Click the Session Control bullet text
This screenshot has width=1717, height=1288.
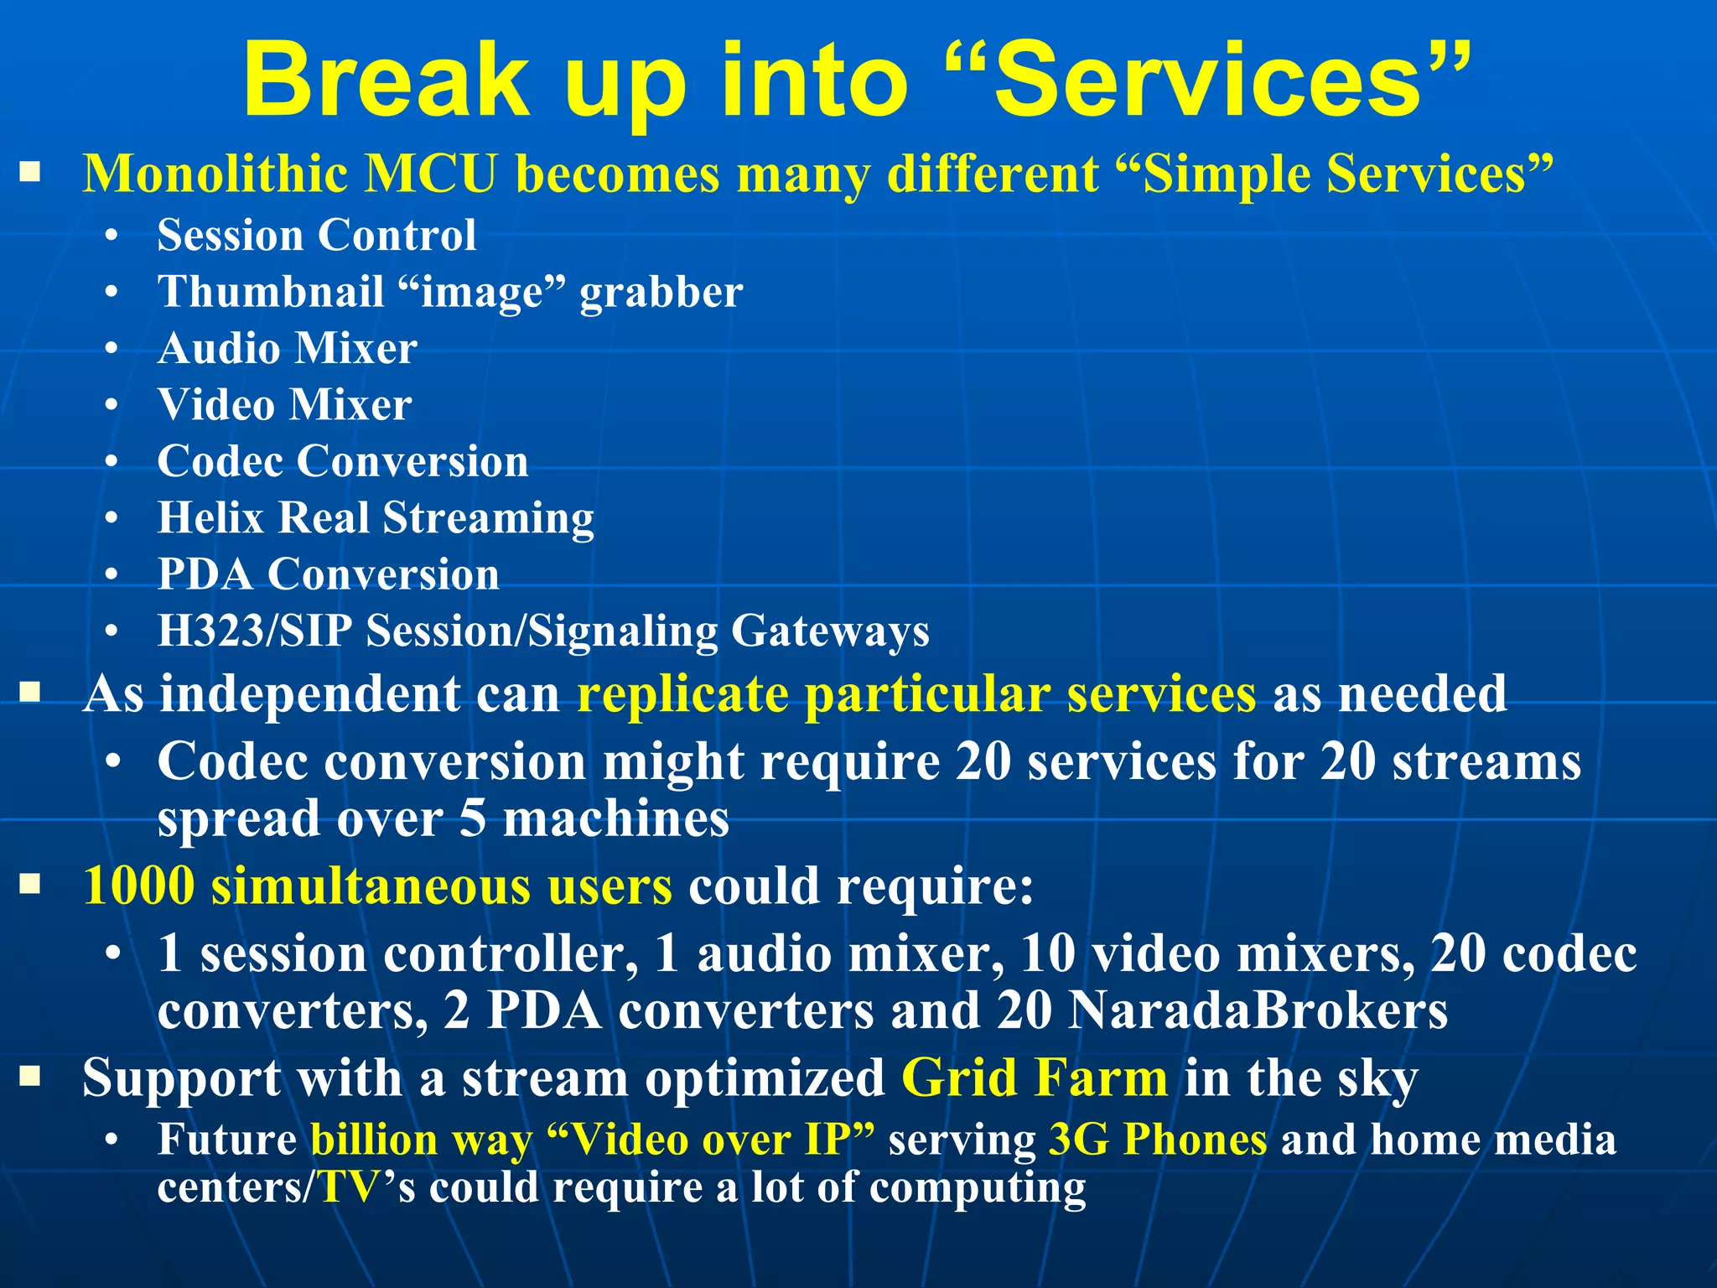click(317, 235)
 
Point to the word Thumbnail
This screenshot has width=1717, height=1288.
click(270, 292)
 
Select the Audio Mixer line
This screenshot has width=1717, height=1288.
click(288, 348)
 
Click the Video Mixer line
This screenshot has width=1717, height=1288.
click(285, 405)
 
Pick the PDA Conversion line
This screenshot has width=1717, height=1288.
click(328, 574)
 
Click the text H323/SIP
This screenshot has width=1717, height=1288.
click(254, 631)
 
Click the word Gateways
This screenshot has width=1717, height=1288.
click(830, 631)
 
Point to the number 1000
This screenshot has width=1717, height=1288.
click(139, 886)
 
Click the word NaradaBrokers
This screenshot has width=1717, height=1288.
click(1258, 1010)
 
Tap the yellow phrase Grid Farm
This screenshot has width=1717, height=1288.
click(1034, 1078)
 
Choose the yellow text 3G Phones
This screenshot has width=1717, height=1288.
click(1158, 1140)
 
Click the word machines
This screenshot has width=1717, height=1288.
click(616, 819)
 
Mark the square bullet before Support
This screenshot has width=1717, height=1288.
click(31, 1076)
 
